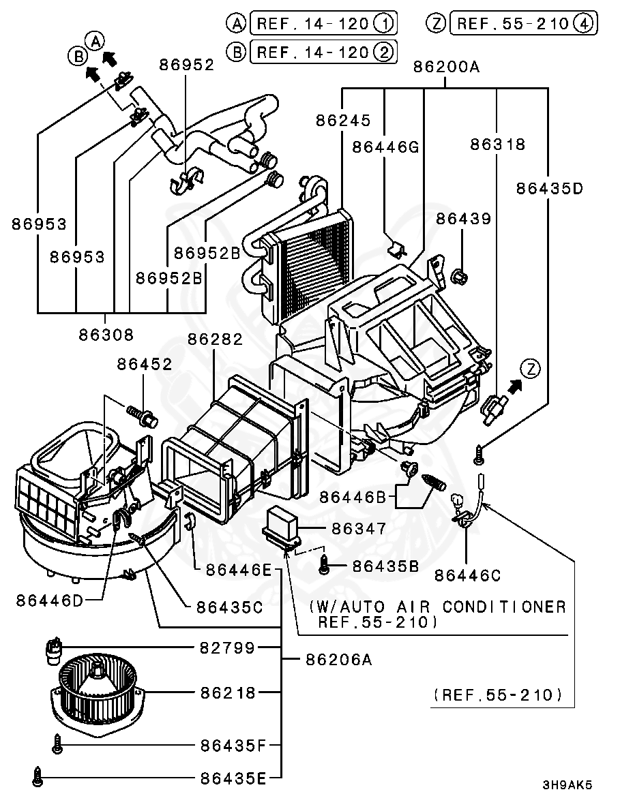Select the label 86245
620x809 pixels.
click(x=343, y=120)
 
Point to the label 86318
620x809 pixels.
click(x=497, y=144)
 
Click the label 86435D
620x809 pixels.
click(x=549, y=187)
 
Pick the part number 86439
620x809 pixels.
click(x=464, y=219)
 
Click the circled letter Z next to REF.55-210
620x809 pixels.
click(x=436, y=23)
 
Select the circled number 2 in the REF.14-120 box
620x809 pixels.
click(x=383, y=51)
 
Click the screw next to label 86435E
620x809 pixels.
click(x=37, y=776)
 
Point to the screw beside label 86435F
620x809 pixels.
click(x=58, y=745)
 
